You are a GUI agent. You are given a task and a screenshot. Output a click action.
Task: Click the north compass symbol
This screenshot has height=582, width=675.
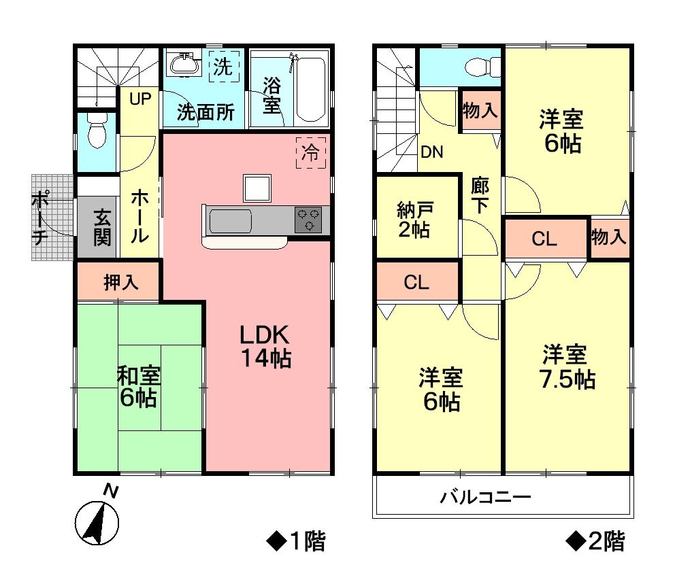pyautogui.click(x=96, y=521)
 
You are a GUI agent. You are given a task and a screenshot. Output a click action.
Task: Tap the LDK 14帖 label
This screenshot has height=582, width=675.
pyautogui.click(x=265, y=345)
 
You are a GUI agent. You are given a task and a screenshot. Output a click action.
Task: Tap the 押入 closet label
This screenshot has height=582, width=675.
pyautogui.click(x=121, y=282)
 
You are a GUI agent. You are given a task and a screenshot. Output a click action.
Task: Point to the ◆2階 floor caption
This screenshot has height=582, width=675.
pyautogui.click(x=595, y=542)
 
